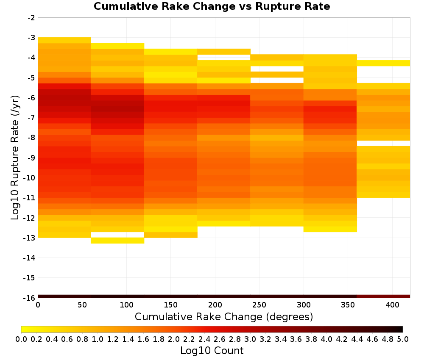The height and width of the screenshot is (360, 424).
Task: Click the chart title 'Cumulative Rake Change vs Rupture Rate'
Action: point(212,6)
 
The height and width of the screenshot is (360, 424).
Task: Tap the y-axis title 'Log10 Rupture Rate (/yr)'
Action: point(15,157)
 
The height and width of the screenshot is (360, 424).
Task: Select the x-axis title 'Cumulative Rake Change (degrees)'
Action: point(224,316)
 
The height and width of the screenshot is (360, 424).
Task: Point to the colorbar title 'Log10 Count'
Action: point(212,351)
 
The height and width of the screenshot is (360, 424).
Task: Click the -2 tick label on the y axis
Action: point(31,18)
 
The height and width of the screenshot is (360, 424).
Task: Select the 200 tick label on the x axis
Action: point(215,305)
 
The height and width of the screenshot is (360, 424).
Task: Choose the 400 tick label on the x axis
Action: point(392,305)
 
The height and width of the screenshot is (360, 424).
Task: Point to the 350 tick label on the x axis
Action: point(348,305)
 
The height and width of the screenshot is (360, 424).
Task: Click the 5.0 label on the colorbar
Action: point(403,339)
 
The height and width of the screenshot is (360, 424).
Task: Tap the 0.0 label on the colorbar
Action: point(21,339)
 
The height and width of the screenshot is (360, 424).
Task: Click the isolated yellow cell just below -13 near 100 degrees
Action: point(117,241)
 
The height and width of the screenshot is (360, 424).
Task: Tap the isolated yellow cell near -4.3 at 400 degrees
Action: point(383,63)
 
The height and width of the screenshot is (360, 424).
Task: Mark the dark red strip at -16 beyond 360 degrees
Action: point(383,296)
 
